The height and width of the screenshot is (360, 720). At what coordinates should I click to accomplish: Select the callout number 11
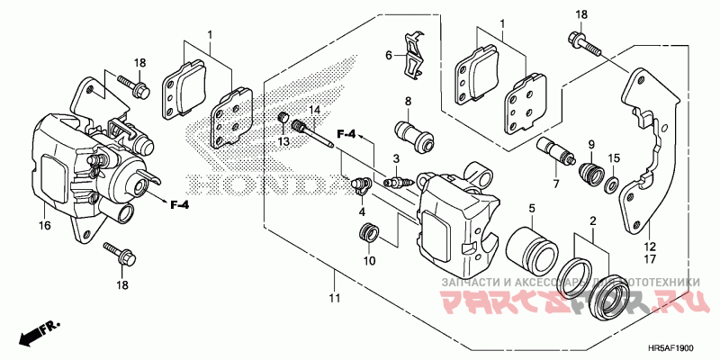pyautogui.click(x=335, y=297)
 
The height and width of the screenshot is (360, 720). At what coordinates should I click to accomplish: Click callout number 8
pyautogui.click(x=408, y=101)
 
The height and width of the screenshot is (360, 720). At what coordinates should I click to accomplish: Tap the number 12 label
pyautogui.click(x=648, y=244)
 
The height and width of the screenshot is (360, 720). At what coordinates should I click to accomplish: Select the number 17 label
pyautogui.click(x=648, y=259)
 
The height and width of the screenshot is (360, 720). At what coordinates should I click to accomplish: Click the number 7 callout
pyautogui.click(x=556, y=184)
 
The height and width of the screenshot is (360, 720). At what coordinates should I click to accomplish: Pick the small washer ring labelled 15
pyautogui.click(x=610, y=185)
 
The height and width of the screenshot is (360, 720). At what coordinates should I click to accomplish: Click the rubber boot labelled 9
pyautogui.click(x=589, y=172)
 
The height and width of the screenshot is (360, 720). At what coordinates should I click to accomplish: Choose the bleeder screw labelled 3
pyautogui.click(x=397, y=182)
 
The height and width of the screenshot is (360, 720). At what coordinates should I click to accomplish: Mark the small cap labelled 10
pyautogui.click(x=366, y=236)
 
